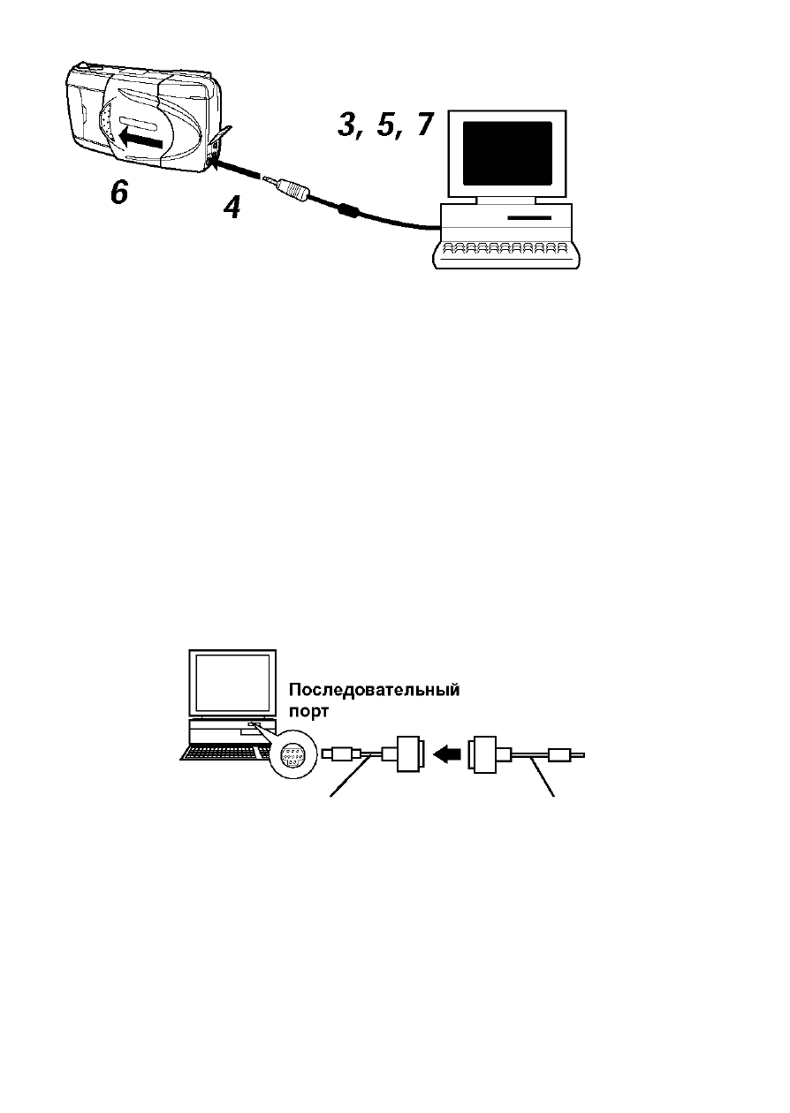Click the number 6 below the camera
tap(119, 192)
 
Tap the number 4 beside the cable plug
tap(232, 208)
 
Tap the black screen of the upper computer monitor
tap(507, 154)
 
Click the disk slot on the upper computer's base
tap(529, 217)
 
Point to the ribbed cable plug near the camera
tap(294, 189)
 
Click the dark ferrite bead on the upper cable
tap(348, 209)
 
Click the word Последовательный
tap(375, 691)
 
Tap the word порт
tap(308, 712)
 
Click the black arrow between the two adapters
tap(447, 754)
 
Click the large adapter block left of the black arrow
tap(410, 754)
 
